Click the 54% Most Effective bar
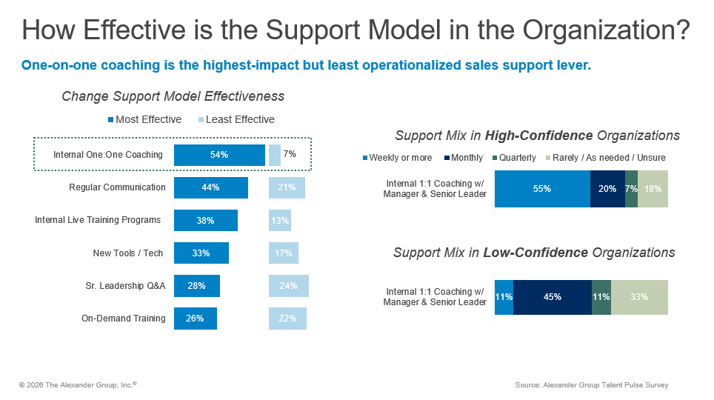click(x=219, y=155)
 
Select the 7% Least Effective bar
click(x=275, y=155)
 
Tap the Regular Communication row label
click(x=117, y=187)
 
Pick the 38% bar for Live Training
click(x=206, y=220)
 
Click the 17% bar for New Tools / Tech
click(x=284, y=253)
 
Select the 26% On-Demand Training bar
click(x=196, y=319)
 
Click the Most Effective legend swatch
click(x=112, y=120)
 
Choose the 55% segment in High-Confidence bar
click(x=542, y=189)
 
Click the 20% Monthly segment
click(x=607, y=189)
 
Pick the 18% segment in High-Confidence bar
click(x=653, y=189)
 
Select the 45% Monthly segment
click(x=553, y=297)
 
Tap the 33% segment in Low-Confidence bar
click(x=639, y=297)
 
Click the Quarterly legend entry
click(x=513, y=158)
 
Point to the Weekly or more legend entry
click(x=396, y=158)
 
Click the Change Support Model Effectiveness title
click(x=173, y=96)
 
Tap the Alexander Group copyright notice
click(x=78, y=385)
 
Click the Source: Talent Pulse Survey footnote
click(x=592, y=385)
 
